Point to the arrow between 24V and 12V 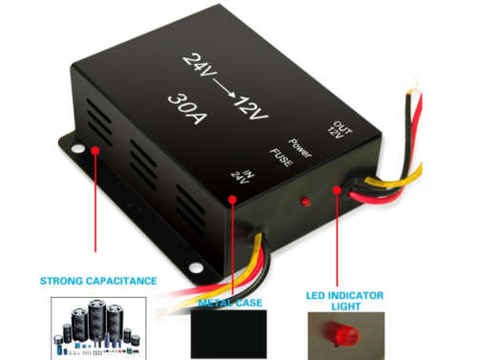[x=224, y=85]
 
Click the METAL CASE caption [x=231, y=302]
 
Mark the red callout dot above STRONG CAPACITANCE [x=94, y=150]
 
